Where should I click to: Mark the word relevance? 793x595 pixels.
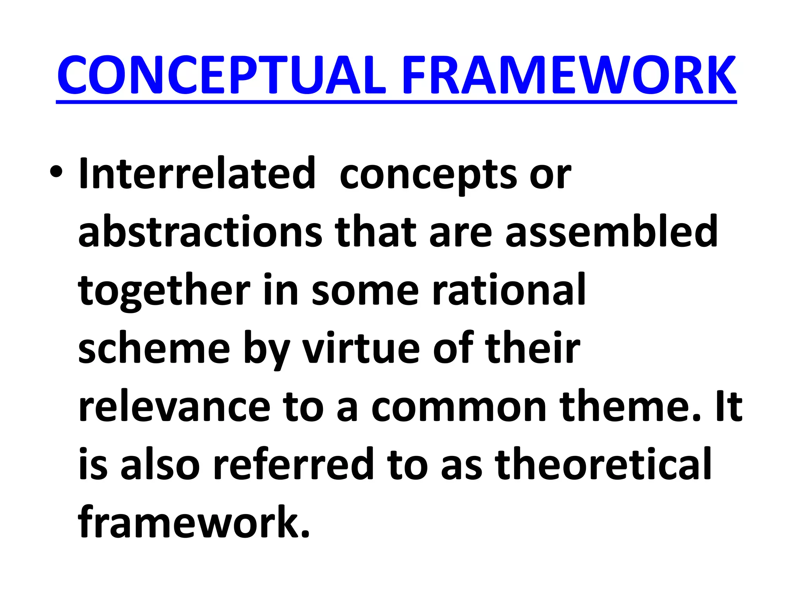174,407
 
